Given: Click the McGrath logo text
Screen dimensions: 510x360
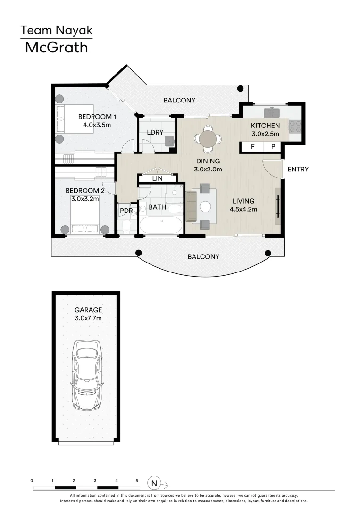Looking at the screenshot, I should coord(56,48).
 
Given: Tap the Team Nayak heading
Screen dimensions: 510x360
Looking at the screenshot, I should coord(56,31).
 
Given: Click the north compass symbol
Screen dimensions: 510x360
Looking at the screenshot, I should coord(154,483).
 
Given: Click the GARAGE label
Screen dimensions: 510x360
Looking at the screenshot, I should coord(88,310).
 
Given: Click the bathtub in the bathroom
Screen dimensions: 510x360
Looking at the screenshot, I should coord(160,226).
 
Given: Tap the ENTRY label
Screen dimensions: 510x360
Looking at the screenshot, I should coord(298,169).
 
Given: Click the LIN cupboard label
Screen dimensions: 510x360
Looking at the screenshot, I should coord(158,178).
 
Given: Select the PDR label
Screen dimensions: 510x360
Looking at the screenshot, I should coord(126,211).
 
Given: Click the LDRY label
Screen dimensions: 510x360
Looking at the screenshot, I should coord(155,132).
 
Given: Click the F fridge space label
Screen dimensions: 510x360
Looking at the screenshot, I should coord(253,147).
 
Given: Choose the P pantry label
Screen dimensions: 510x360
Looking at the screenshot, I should coord(273,147).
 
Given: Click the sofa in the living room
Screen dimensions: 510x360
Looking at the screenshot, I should coord(192,206).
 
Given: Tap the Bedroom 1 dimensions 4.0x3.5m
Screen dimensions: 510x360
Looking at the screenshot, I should coord(97,125).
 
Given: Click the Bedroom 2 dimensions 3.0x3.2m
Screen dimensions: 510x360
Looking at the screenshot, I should coord(85,199).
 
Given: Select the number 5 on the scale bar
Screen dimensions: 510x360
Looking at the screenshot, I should coord(137,480).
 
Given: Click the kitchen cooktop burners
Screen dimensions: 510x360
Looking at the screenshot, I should coord(295,126).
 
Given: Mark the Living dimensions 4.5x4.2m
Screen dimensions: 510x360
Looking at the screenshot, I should coord(243,209).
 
